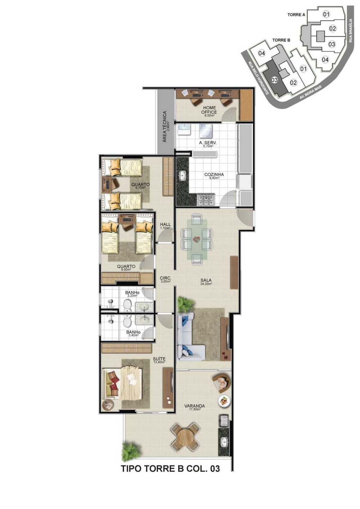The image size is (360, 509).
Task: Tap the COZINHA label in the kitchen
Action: [214, 175]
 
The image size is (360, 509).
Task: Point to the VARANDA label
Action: [194, 406]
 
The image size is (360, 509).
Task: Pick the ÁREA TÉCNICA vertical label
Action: [165, 126]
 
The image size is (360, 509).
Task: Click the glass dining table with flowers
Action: [197, 239]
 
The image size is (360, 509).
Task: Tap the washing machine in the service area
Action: [206, 131]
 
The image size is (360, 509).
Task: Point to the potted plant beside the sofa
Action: [186, 304]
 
